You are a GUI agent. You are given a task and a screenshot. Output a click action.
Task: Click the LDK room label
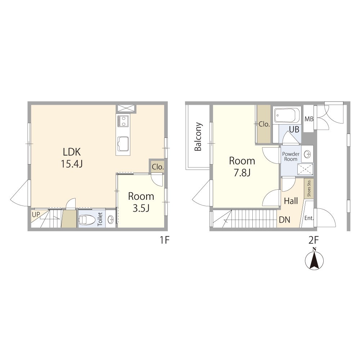[72, 152]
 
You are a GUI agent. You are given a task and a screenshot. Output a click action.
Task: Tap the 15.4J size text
[72, 164]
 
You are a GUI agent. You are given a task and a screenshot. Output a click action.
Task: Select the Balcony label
[198, 136]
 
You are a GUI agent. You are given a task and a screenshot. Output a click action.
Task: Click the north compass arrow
[314, 260]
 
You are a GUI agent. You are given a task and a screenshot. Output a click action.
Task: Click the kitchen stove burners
[123, 121]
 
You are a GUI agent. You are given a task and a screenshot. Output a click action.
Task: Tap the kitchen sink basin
[123, 144]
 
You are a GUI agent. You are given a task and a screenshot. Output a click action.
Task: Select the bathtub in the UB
[287, 116]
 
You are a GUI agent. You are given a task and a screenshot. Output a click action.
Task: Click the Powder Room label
[291, 156]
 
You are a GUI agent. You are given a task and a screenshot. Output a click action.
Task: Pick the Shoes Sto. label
[309, 188]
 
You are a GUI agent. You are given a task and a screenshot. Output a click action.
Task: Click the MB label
[309, 119]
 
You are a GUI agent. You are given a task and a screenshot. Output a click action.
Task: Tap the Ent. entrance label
[309, 218]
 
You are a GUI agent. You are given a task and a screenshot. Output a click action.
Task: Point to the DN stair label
[284, 220]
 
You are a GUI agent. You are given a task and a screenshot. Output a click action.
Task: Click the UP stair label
[36, 215]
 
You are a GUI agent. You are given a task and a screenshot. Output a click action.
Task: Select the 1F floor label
[165, 240]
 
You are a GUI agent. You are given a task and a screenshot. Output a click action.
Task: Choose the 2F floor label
[314, 240]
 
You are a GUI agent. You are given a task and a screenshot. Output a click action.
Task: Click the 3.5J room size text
[141, 208]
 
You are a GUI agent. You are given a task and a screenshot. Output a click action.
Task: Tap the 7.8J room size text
[242, 173]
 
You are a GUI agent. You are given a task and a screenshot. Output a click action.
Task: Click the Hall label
[291, 201]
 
